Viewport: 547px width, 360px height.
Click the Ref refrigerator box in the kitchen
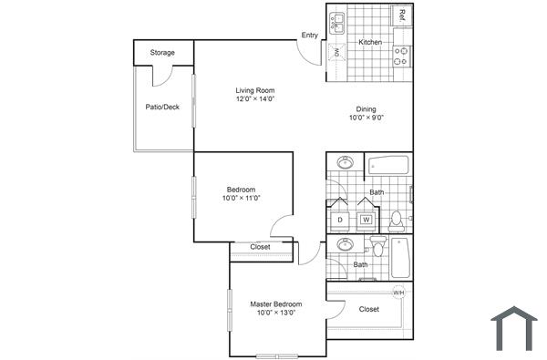tap(401, 15)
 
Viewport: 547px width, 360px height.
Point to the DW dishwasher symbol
tap(335, 53)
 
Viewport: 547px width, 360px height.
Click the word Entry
tap(310, 36)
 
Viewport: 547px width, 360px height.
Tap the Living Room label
tap(255, 90)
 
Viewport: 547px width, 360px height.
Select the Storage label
tap(163, 53)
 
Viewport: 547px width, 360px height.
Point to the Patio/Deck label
tap(162, 107)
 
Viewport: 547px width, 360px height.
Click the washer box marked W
tap(366, 220)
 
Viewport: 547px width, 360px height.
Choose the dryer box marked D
tap(339, 220)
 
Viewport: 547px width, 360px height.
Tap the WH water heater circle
tap(398, 293)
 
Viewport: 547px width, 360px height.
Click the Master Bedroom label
tap(275, 304)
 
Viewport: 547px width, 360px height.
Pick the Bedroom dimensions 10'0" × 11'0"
tap(242, 199)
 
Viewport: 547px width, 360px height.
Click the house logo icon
tap(514, 329)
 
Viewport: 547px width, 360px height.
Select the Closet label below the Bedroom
tap(261, 247)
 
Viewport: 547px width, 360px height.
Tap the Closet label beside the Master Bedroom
tap(368, 309)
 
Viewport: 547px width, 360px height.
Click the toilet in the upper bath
tap(397, 219)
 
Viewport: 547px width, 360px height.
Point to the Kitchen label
tap(369, 43)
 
